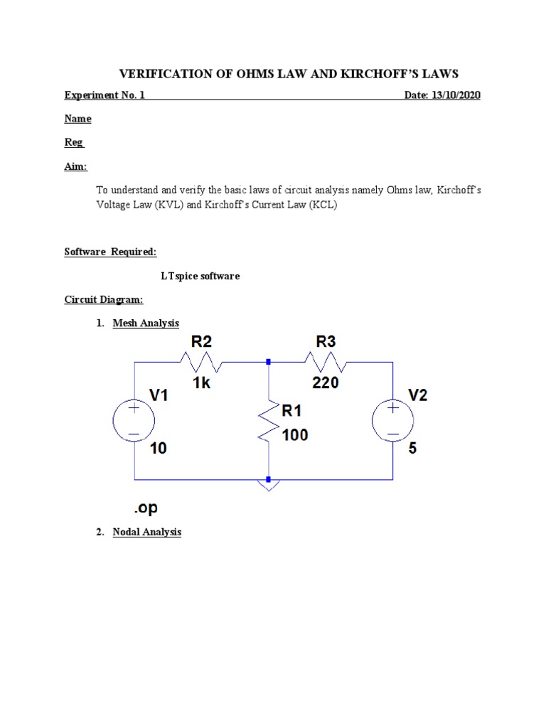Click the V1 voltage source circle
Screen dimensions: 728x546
point(134,421)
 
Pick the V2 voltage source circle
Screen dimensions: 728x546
point(392,421)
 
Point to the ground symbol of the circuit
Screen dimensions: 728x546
point(268,484)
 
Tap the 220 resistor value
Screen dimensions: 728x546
point(326,384)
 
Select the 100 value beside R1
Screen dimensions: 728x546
point(295,434)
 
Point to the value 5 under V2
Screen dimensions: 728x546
point(413,449)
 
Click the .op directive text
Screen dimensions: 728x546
point(144,508)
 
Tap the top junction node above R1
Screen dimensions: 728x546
point(268,362)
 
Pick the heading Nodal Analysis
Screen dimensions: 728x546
point(147,532)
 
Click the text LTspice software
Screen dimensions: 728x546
point(200,276)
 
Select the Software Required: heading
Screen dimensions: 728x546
point(110,252)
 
